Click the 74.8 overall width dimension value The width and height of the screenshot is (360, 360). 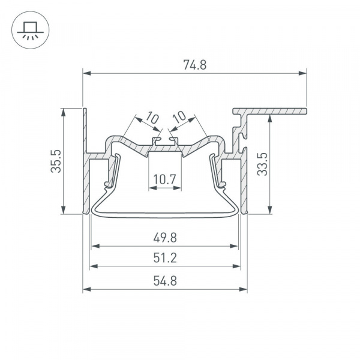(x=194, y=65)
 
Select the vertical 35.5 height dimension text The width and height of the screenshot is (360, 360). (x=56, y=161)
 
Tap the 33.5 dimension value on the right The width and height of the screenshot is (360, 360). (x=261, y=163)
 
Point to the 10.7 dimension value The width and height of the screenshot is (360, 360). (x=164, y=178)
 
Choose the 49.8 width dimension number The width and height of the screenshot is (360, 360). (x=164, y=238)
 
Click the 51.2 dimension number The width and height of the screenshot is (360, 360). (x=164, y=258)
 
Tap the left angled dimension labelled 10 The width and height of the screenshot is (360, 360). (x=152, y=118)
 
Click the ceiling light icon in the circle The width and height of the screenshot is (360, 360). (x=28, y=29)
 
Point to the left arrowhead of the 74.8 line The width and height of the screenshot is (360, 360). (x=86, y=74)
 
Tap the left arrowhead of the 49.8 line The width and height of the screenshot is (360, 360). (x=94, y=246)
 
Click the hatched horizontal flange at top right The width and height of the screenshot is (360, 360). (x=276, y=111)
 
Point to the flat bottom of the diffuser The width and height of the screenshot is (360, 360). (x=164, y=213)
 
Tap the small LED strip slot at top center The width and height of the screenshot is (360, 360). (x=165, y=142)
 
